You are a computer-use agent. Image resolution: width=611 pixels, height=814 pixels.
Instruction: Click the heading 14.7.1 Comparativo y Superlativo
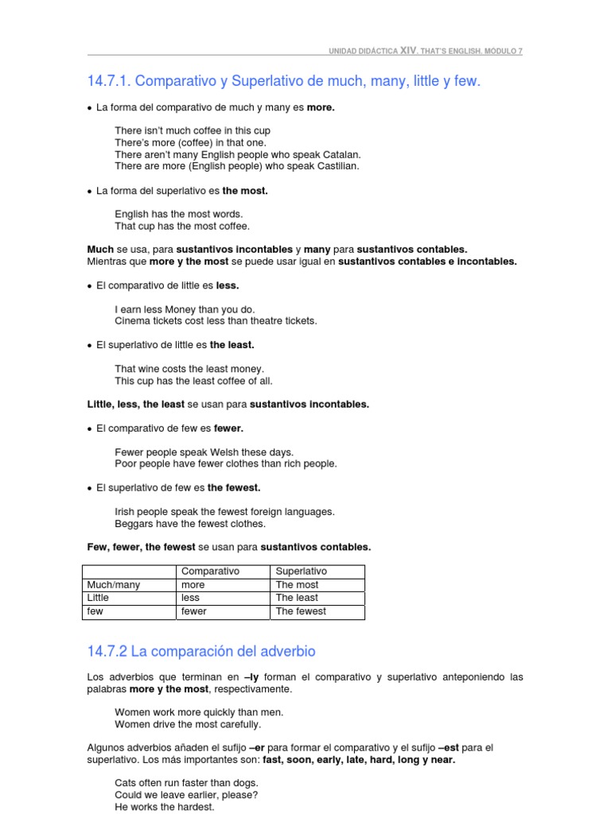tap(284, 81)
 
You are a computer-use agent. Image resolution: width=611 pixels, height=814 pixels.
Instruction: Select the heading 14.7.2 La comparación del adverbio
tap(201, 652)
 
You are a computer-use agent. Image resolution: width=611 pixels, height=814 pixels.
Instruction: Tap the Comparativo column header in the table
tap(210, 572)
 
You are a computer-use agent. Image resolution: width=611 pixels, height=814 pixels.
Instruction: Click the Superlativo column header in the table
tap(301, 572)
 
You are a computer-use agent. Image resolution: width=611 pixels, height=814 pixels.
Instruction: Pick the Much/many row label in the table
tap(114, 585)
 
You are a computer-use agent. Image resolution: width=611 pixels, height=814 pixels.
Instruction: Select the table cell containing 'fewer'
tap(194, 611)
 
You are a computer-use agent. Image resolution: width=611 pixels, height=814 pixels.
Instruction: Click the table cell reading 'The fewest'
tap(301, 611)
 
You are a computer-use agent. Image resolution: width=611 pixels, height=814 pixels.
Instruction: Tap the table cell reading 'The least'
tap(297, 598)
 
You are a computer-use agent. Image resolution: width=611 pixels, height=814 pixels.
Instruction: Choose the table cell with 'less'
tap(190, 598)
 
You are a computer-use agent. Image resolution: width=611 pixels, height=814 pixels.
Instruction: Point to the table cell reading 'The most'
tap(296, 585)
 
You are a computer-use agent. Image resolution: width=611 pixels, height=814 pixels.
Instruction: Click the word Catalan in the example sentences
tap(341, 154)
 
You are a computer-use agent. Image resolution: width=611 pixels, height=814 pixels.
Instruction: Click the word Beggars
tap(134, 524)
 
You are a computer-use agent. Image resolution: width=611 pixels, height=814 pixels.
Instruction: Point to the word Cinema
tap(133, 321)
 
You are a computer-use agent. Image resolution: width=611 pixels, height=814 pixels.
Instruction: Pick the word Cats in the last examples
tap(126, 783)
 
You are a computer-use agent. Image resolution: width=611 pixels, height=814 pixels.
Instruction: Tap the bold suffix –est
tap(449, 747)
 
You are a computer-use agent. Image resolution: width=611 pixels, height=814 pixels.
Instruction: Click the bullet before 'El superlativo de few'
tap(90, 488)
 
